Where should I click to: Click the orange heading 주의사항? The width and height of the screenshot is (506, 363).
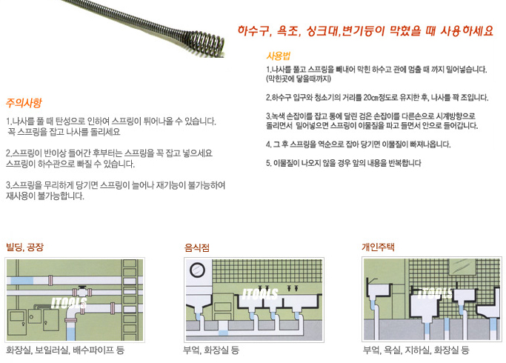(x=24, y=103)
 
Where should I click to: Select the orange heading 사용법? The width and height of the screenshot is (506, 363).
(x=278, y=56)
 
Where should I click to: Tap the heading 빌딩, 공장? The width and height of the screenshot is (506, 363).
(x=25, y=247)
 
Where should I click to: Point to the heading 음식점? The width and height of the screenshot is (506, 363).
(x=197, y=248)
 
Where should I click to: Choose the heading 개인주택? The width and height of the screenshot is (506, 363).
(x=379, y=247)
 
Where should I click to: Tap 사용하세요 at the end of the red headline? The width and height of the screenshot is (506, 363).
(x=467, y=31)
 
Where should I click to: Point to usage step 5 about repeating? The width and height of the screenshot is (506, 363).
(x=344, y=163)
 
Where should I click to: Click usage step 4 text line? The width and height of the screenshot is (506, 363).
(x=359, y=144)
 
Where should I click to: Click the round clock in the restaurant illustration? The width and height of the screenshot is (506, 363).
(x=198, y=270)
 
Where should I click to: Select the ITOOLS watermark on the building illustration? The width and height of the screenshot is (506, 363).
(x=69, y=303)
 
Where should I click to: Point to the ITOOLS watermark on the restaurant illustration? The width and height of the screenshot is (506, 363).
(x=260, y=293)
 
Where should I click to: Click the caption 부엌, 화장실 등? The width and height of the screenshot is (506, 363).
(x=211, y=350)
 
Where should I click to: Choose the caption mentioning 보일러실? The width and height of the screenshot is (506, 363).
(x=65, y=350)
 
